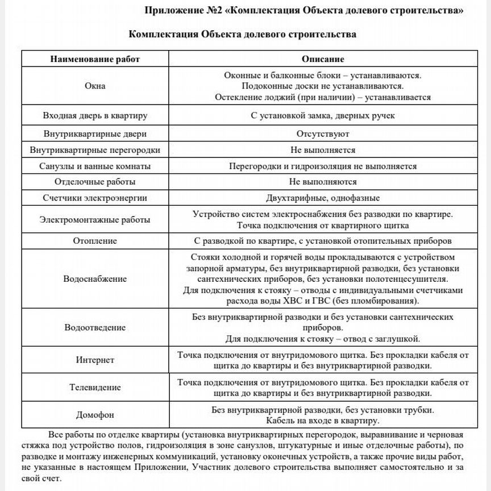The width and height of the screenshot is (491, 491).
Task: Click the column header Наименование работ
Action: pos(95,59)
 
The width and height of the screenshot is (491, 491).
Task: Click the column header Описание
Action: pos(322,59)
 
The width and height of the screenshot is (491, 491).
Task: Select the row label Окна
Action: pos(95,86)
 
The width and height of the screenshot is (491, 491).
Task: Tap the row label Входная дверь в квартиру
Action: pos(95,115)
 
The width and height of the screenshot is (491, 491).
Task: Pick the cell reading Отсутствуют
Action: pos(322,134)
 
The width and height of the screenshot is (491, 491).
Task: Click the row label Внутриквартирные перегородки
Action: pos(95,150)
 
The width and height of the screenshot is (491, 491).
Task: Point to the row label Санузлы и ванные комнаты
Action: pos(95,167)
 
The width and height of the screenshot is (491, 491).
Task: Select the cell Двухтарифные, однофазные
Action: pos(322,198)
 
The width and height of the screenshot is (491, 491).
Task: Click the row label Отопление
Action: pos(95,240)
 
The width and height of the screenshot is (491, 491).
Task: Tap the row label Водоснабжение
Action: pos(95,279)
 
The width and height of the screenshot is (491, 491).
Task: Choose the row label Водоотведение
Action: pos(95,328)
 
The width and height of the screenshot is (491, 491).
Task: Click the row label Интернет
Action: pos(95,360)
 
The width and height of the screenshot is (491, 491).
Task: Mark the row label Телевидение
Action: pos(95,388)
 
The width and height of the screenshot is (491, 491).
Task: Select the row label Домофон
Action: pos(95,415)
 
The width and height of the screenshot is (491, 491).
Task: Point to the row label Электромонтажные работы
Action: pos(95,219)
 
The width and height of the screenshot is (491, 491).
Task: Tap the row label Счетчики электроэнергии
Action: pos(95,198)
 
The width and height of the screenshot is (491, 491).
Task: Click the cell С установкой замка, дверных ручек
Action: pos(322,115)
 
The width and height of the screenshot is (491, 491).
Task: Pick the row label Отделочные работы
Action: pos(95,182)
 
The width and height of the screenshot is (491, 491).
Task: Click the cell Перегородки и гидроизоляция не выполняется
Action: pos(322,167)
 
